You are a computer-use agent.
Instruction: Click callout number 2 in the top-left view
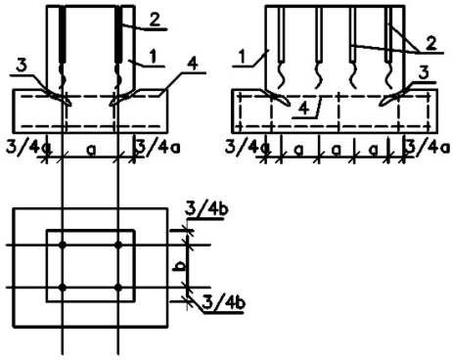(x=155, y=21)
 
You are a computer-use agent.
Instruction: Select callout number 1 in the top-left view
(x=153, y=57)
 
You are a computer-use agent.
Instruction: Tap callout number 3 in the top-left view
(x=22, y=66)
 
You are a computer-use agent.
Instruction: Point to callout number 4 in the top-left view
(x=192, y=65)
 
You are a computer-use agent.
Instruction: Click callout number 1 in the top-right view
(x=243, y=57)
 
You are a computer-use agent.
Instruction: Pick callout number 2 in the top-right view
(x=430, y=43)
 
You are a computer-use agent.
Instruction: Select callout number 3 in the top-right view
(x=424, y=73)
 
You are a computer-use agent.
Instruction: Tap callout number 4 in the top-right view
(x=304, y=108)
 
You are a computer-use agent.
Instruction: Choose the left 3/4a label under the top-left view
(x=28, y=148)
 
